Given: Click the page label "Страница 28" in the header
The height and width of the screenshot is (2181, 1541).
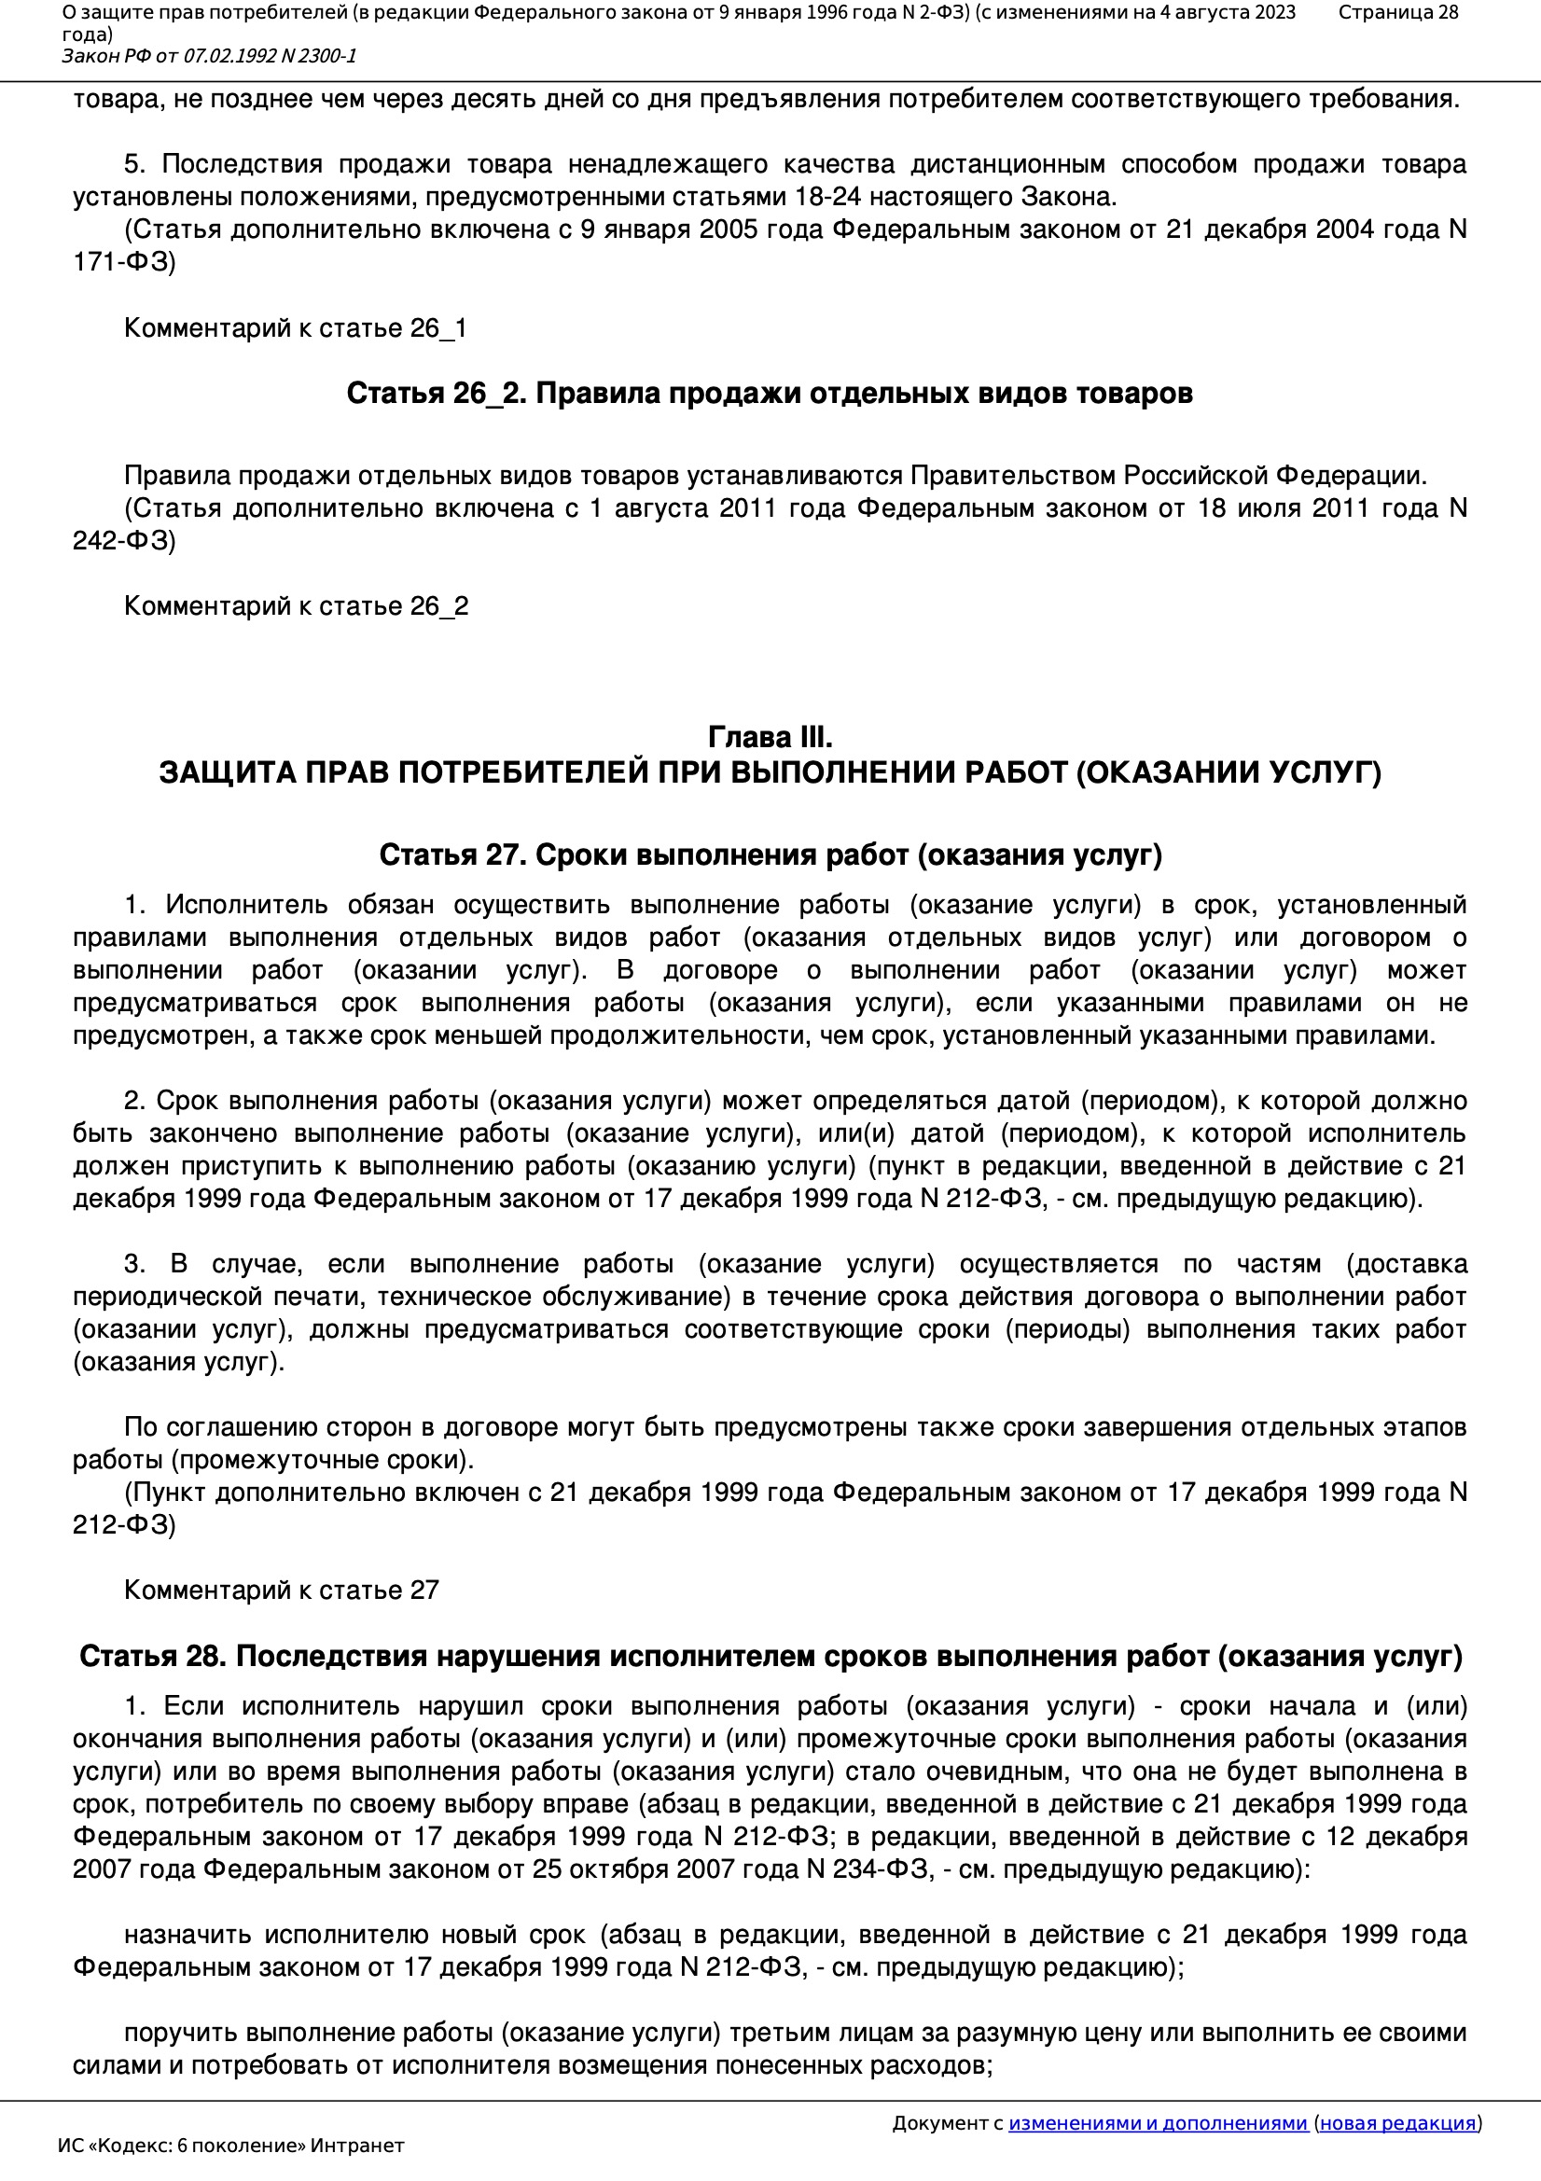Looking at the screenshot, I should pyautogui.click(x=1397, y=12).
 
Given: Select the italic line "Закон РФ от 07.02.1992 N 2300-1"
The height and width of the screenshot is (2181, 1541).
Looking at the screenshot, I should pyautogui.click(x=209, y=56).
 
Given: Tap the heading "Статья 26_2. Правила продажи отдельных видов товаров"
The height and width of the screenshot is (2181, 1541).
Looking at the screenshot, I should pyautogui.click(x=769, y=394).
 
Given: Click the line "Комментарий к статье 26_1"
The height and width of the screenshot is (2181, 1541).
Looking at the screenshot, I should pyautogui.click(x=296, y=328).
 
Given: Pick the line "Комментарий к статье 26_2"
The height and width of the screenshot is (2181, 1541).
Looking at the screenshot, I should pyautogui.click(x=297, y=606).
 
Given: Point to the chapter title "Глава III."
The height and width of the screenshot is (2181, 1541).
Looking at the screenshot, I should pyautogui.click(x=770, y=737).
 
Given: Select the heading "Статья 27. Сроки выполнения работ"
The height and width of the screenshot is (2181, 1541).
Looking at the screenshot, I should pyautogui.click(x=770, y=854).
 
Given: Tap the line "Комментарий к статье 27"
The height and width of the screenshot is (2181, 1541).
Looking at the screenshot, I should pyautogui.click(x=281, y=1591).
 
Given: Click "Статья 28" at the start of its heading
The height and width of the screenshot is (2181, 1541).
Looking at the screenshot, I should pyautogui.click(x=152, y=1657).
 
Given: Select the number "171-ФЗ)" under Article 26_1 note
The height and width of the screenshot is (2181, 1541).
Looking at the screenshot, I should pyautogui.click(x=124, y=262).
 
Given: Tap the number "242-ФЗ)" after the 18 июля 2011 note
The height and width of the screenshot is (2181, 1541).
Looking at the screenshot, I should pyautogui.click(x=124, y=540).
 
